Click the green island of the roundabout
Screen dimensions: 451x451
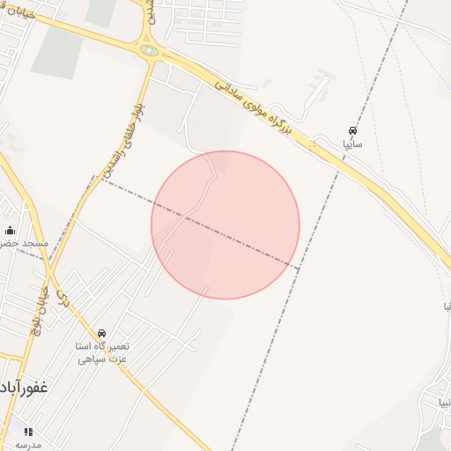point(150,51)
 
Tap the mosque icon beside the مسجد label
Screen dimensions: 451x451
point(10,231)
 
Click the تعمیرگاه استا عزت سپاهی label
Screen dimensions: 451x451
point(102,352)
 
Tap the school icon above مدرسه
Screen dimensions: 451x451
point(27,432)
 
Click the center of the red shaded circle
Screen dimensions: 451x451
point(225,225)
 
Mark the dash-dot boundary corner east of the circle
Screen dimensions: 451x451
point(299,267)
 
